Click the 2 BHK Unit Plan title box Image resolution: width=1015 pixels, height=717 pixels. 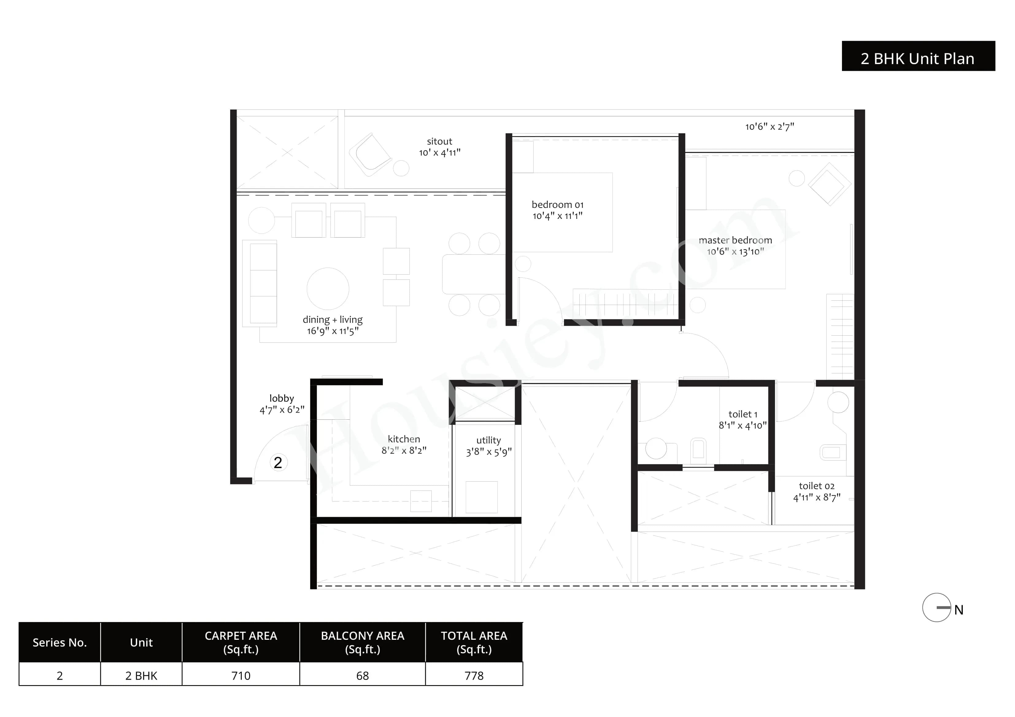[x=918, y=56]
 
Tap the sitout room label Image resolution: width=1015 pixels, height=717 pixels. [x=439, y=141]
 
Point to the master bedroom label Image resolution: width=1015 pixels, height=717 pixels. [x=735, y=240]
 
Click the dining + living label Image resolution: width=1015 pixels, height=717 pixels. [x=332, y=319]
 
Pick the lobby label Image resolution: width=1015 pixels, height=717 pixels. [x=282, y=399]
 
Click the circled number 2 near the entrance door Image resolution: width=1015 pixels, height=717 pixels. [x=278, y=463]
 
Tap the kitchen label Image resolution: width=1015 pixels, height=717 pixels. [x=403, y=439]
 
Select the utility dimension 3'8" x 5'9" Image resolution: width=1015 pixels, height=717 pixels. [x=488, y=452]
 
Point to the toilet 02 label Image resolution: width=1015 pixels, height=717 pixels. [x=816, y=486]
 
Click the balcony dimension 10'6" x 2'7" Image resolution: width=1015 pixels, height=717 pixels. [x=769, y=127]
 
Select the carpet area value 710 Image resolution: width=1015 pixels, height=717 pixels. [x=241, y=676]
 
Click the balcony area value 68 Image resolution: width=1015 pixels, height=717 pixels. [x=362, y=676]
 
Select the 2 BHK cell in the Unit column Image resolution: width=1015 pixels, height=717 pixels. [x=141, y=676]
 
